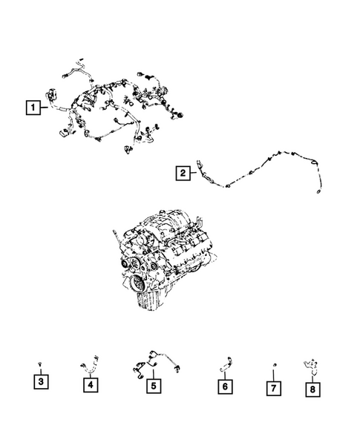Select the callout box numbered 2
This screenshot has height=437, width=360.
tap(181, 174)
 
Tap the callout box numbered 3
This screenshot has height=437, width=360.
tap(42, 383)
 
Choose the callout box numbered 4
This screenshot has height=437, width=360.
tap(88, 384)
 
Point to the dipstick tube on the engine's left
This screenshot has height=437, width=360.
tap(114, 241)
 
